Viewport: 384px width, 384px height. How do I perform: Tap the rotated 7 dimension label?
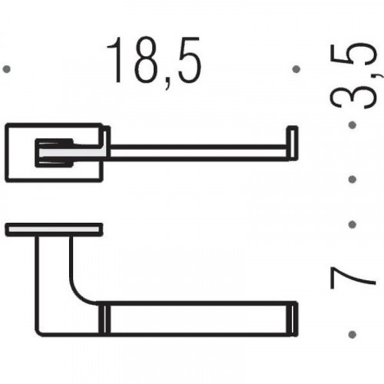353,278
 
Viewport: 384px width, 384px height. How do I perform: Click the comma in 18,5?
168,83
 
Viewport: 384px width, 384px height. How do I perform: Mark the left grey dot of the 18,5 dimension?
6,69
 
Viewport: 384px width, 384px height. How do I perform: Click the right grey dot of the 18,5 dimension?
296,69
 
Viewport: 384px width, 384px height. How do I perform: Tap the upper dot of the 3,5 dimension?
353,125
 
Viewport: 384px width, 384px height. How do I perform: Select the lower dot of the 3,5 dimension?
353,179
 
